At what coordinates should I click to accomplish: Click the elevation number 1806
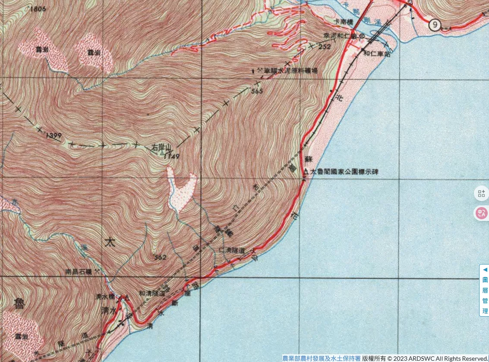pos(38,9)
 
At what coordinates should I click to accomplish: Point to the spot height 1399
pos(54,136)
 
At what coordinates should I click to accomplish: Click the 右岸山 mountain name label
pos(159,148)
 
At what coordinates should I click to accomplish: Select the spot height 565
pos(256,91)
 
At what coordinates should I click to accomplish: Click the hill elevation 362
pos(160,258)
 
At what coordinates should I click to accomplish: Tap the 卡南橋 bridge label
pos(343,21)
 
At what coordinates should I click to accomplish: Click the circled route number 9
pos(435,25)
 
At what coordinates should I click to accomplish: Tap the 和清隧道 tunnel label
pos(151,292)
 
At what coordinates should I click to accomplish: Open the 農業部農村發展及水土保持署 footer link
pos(321,358)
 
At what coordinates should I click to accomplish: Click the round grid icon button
pos(481,193)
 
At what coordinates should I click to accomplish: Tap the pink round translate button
pos(481,213)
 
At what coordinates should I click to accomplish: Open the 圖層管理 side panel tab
pos(484,290)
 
